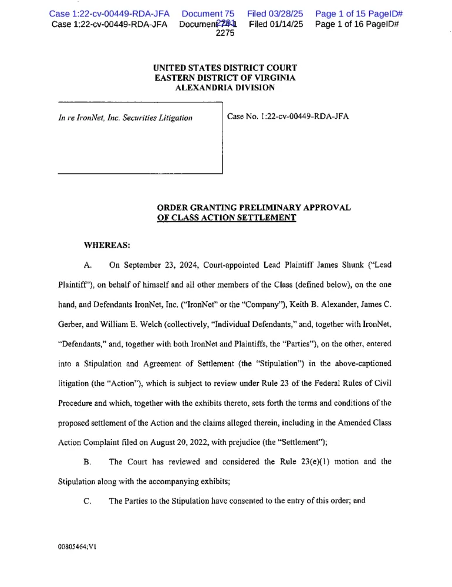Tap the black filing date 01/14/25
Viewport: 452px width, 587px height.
pos(276,24)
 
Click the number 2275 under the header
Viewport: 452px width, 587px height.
pos(225,34)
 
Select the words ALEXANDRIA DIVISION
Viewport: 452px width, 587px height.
pos(225,87)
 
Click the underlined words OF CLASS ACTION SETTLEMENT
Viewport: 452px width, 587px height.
pos(226,218)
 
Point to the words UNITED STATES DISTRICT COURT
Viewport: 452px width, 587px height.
pos(225,68)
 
